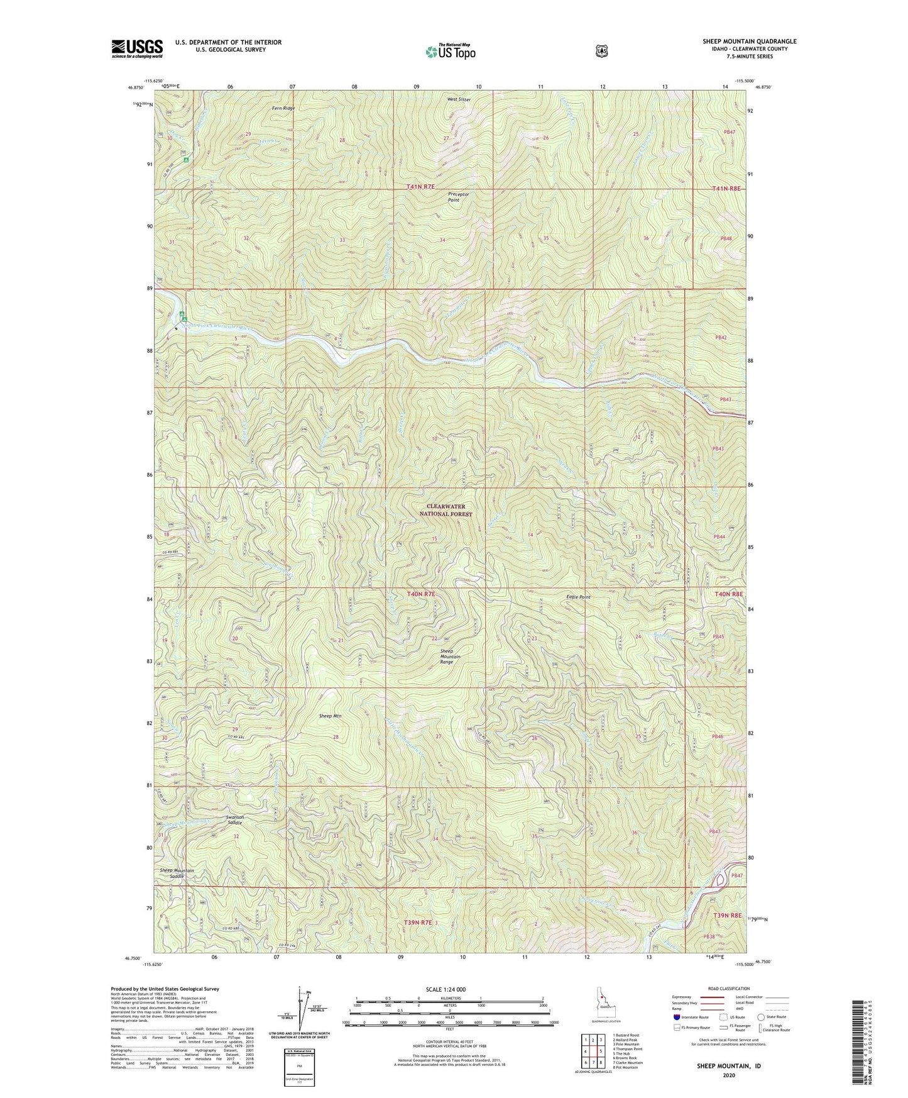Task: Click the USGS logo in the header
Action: pyautogui.click(x=137, y=48)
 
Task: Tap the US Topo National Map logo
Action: pyautogui.click(x=449, y=52)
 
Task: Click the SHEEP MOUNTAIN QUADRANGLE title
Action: pyautogui.click(x=749, y=42)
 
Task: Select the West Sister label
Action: pyautogui.click(x=458, y=99)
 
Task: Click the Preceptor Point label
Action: pyautogui.click(x=458, y=197)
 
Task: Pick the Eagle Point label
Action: pyautogui.click(x=578, y=597)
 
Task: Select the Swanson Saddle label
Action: pyautogui.click(x=235, y=820)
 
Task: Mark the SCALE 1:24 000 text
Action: pyautogui.click(x=446, y=989)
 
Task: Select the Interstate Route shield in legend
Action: pyautogui.click(x=676, y=1016)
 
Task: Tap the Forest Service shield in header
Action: pyautogui.click(x=601, y=50)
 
